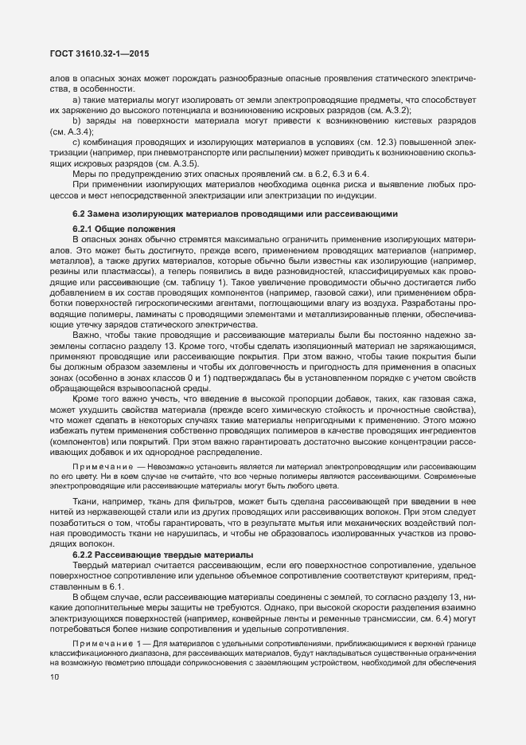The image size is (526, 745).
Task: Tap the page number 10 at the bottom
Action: (54, 655)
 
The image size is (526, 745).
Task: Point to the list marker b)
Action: (77, 120)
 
